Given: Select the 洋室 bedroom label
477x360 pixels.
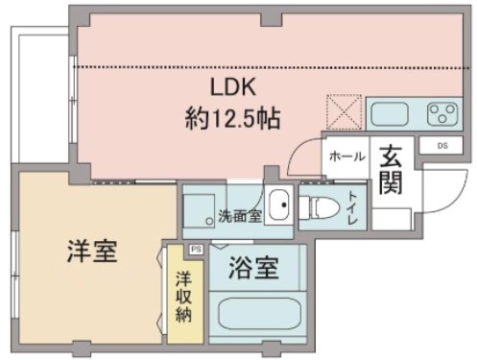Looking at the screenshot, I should pyautogui.click(x=92, y=253).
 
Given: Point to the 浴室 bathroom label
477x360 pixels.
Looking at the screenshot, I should pyautogui.click(x=255, y=269).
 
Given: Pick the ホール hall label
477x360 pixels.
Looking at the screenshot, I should pyautogui.click(x=346, y=156).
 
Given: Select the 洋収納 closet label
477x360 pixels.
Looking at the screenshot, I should pyautogui.click(x=183, y=300).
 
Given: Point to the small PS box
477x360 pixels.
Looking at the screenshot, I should pyautogui.click(x=197, y=249).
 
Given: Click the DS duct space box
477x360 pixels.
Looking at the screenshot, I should pyautogui.click(x=441, y=145).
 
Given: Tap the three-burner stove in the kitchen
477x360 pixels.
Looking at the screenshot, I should pyautogui.click(x=443, y=113).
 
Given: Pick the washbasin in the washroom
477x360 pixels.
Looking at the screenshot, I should pyautogui.click(x=278, y=204).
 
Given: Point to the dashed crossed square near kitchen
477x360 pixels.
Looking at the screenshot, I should pyautogui.click(x=343, y=110).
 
